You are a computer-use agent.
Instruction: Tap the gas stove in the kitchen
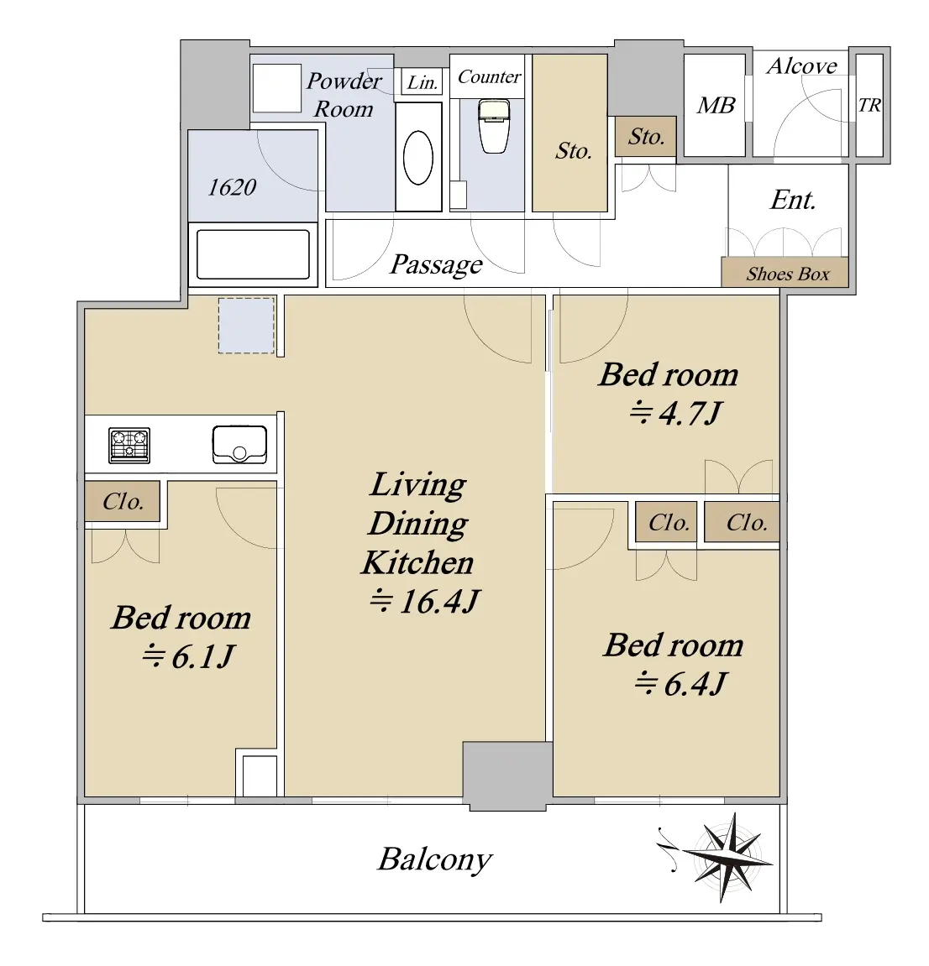[129, 445]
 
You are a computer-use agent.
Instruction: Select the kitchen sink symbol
[239, 445]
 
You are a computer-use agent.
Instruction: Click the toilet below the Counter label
[495, 127]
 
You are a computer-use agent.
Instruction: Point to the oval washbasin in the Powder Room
[418, 158]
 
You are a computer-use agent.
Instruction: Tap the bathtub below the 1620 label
[253, 254]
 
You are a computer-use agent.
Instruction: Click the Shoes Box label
[787, 274]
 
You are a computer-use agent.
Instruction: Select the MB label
[716, 106]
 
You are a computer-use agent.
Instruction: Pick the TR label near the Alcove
[869, 106]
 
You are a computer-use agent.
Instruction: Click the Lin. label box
[423, 82]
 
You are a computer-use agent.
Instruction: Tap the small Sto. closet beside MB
[645, 137]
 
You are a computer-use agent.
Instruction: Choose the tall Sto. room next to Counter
[570, 133]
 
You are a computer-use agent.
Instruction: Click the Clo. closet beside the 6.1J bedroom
[123, 502]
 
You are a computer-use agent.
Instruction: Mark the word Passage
[437, 265]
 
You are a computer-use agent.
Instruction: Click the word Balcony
[435, 859]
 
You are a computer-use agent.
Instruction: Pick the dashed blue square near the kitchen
[246, 326]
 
